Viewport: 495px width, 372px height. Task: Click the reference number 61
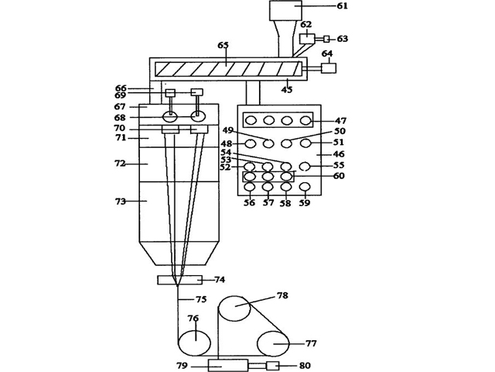(342, 5)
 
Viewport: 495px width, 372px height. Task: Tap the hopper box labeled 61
(285, 10)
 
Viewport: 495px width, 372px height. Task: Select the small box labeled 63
(326, 39)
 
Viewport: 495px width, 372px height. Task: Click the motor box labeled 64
(329, 68)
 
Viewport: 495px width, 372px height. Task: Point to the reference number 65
(224, 45)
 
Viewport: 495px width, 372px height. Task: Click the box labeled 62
(307, 39)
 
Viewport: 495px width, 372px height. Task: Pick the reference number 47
(340, 121)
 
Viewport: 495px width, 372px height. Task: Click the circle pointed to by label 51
(306, 143)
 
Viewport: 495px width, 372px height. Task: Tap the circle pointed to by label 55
(305, 166)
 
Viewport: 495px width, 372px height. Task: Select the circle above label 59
(305, 187)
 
